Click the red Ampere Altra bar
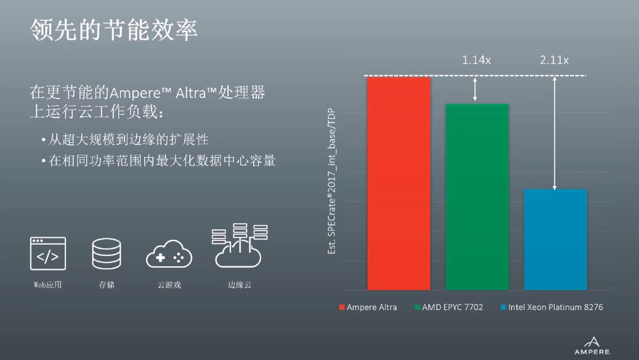point(399,184)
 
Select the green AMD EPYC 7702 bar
point(477,197)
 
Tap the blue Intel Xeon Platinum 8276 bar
point(555,240)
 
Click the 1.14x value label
point(476,60)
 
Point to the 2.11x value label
point(554,60)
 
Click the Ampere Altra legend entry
point(368,307)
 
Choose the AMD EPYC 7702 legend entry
point(449,307)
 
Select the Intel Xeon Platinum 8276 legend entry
point(551,307)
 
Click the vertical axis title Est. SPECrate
point(332,181)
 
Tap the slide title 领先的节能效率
point(114,30)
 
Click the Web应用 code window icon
point(47,253)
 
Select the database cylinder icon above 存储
point(107,253)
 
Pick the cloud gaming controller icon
point(169,254)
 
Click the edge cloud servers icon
point(240,245)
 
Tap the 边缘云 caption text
point(240,285)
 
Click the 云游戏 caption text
point(169,285)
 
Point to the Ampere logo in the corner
point(593,346)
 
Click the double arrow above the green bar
point(474,90)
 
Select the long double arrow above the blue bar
point(554,133)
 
